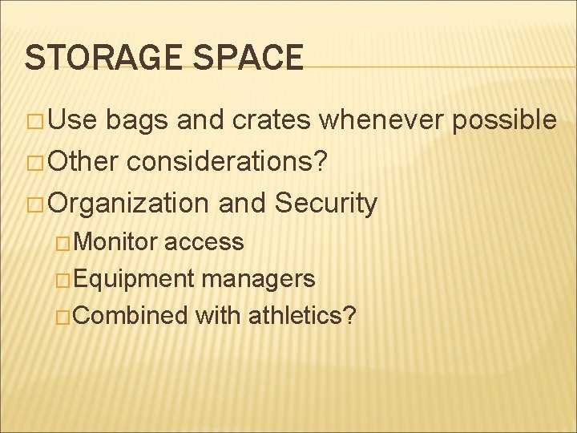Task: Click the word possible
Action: coord(505,120)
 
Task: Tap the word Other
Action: coord(83,162)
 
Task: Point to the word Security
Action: coord(325,204)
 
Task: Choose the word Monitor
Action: coord(119,241)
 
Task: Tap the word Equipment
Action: coord(137,278)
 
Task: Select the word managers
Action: coord(259,278)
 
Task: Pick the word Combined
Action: coord(133,315)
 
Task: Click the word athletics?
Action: coord(302,315)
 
